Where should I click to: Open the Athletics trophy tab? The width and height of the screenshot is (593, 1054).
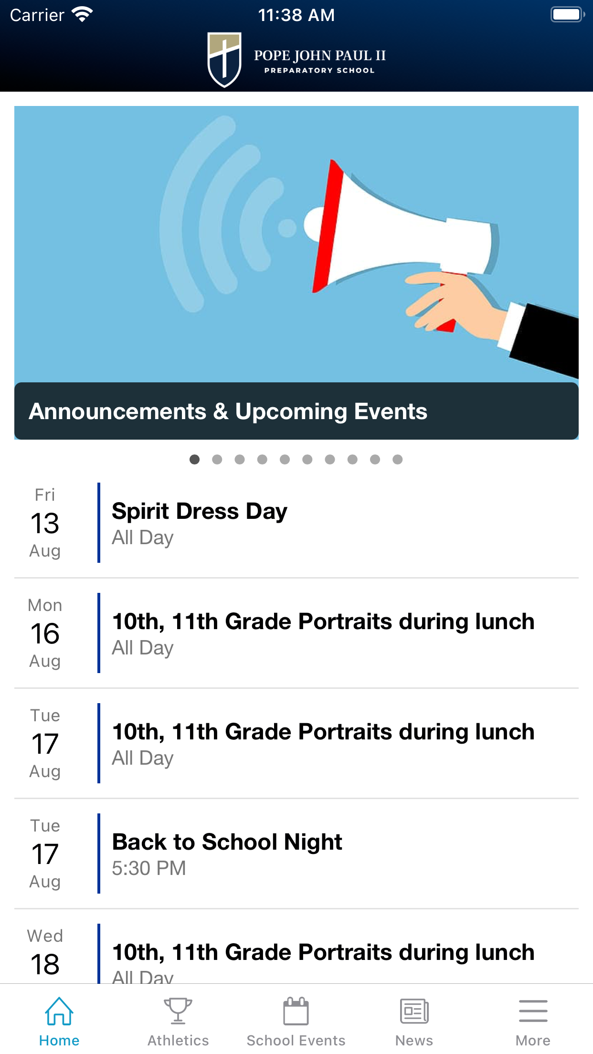(178, 1011)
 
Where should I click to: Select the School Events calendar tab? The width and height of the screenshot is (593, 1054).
(296, 1011)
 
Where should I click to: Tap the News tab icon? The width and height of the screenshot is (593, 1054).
(414, 1011)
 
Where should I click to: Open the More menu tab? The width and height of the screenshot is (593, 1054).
(533, 1011)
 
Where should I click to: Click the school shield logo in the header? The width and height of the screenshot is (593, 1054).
(224, 60)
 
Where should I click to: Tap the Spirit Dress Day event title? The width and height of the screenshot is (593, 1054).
(200, 511)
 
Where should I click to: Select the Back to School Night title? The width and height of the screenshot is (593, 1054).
(227, 842)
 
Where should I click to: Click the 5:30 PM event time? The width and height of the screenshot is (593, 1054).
(148, 868)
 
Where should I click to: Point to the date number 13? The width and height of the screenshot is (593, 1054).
(45, 523)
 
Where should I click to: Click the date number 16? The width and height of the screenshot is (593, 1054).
(45, 633)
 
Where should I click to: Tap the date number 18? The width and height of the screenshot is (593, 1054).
(45, 964)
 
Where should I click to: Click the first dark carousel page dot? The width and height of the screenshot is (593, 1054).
(194, 459)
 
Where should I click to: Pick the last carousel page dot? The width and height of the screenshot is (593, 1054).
(397, 459)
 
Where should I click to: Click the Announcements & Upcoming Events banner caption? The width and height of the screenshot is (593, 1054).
(228, 411)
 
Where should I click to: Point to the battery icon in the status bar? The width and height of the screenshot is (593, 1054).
(568, 14)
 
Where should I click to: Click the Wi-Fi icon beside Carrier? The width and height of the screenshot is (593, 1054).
(82, 14)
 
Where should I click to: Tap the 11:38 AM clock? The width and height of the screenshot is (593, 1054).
(296, 15)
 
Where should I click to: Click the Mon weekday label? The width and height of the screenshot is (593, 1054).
(45, 605)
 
